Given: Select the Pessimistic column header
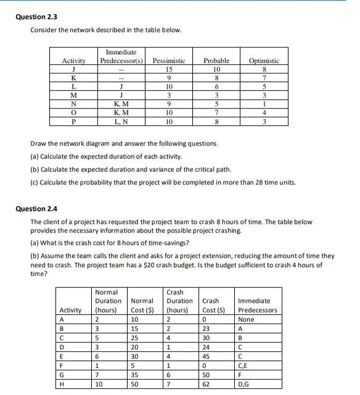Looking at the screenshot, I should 168,61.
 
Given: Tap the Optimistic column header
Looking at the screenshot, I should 264,61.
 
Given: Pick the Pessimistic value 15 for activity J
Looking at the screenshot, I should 168,70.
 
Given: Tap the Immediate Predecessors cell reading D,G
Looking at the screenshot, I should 246,384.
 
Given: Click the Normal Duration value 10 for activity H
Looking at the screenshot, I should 99,384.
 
